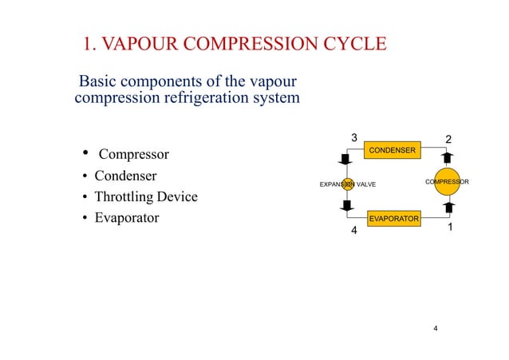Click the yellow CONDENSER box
391,150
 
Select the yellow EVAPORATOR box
393,218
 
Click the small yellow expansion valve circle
348,184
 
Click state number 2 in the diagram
448,140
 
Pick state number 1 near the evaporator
451,227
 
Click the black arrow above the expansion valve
348,159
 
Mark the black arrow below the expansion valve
348,207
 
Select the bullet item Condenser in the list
125,176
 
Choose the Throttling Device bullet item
145,197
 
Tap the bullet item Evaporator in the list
126,218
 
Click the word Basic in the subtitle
97,82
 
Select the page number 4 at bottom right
435,328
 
